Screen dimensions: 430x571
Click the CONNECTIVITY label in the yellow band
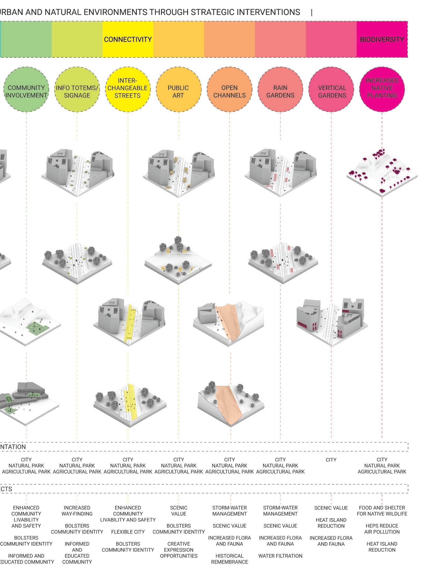(x=128, y=39)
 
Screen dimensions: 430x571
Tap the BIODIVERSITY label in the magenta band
(x=382, y=39)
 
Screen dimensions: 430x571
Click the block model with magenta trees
(x=382, y=172)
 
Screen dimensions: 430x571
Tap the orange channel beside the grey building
(x=227, y=320)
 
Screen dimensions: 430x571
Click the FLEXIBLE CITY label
(x=128, y=532)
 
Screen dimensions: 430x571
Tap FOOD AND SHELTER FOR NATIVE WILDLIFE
(x=382, y=511)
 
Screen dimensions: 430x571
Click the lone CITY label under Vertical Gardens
(x=331, y=460)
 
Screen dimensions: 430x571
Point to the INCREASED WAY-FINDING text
(x=77, y=511)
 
